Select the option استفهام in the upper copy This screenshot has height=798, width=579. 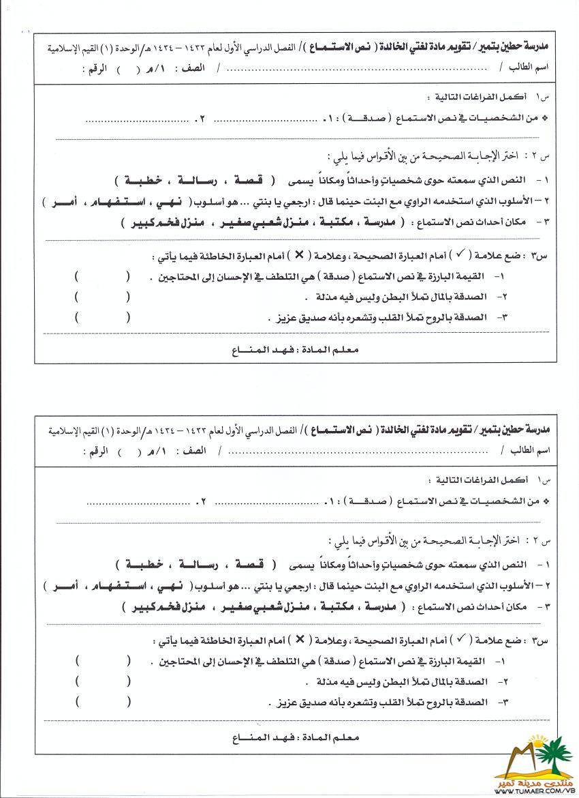pyautogui.click(x=108, y=202)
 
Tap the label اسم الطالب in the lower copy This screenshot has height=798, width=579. pyautogui.click(x=528, y=452)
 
